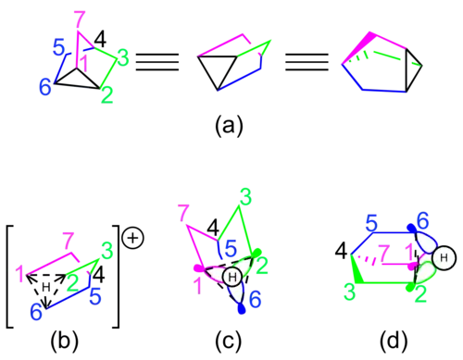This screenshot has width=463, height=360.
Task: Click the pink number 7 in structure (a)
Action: point(80,20)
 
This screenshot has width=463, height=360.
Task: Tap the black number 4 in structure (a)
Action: point(100,39)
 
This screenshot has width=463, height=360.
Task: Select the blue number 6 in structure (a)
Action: point(45,87)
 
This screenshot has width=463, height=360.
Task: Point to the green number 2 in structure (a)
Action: point(106,94)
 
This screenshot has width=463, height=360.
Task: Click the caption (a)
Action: point(229,125)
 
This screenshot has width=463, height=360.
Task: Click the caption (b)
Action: point(65,341)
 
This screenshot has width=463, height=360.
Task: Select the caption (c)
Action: point(229,341)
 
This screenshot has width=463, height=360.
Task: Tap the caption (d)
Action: point(394,341)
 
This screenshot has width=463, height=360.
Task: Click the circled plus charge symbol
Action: point(132,238)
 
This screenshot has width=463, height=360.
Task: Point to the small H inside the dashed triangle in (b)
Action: point(46,287)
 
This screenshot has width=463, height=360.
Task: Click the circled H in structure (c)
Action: point(232,277)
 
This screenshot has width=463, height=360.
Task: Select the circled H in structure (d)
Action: point(444,257)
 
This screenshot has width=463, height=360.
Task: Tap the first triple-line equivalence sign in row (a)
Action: point(157,62)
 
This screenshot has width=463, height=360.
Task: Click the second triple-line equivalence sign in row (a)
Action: point(307,62)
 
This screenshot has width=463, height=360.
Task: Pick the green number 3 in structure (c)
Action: point(245,197)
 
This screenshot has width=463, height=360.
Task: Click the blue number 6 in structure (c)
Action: point(255,299)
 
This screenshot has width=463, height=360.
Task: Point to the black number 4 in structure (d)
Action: point(342,251)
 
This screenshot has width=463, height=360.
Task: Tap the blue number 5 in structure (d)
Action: point(371,223)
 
